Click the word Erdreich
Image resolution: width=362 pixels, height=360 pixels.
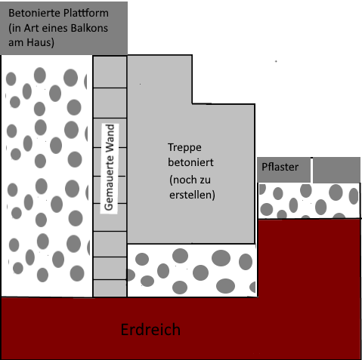coord(150,330)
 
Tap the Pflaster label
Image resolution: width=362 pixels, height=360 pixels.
coord(280,167)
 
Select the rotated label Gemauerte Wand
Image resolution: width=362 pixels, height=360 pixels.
coord(110,168)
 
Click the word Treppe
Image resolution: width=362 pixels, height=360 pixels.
coord(184,148)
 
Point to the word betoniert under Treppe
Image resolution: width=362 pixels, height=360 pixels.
coord(190,162)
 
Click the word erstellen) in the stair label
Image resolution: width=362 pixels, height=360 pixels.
coord(192,195)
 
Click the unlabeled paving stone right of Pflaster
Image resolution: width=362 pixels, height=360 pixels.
coord(336,170)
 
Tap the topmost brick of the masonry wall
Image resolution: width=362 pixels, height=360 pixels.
coord(110,72)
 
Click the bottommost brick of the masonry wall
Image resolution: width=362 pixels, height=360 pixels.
coord(110,288)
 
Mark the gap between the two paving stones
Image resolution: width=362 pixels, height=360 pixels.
coord(311,170)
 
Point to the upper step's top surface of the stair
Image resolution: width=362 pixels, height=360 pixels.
coord(159,55)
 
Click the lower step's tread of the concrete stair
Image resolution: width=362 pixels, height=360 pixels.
coord(224,103)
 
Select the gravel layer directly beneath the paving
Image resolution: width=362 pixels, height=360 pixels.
coord(309,201)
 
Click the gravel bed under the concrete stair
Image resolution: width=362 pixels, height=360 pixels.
coord(192,270)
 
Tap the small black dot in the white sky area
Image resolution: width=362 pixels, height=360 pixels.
coord(276,61)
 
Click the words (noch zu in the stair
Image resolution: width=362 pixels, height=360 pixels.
coord(190,180)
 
